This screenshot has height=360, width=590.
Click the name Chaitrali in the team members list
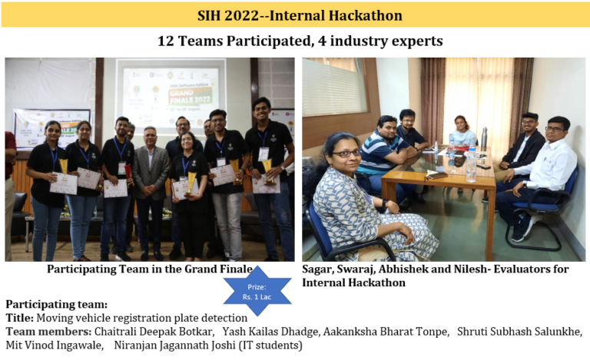pyautogui.click(x=119, y=331)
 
